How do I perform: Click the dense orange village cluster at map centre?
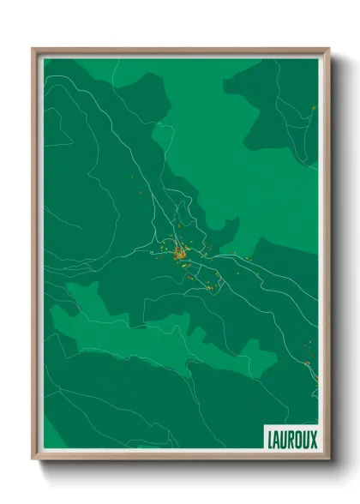pyautogui.click(x=180, y=252)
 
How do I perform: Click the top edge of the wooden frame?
pyautogui.click(x=180, y=51)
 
